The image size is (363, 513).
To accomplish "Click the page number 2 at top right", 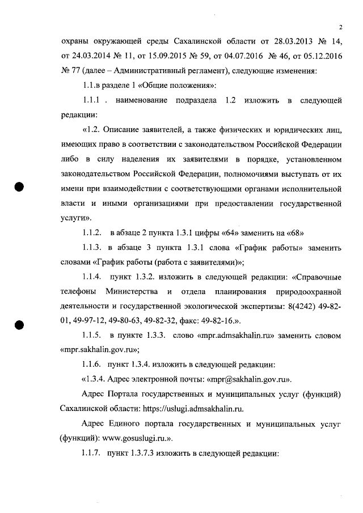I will point(341,27).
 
